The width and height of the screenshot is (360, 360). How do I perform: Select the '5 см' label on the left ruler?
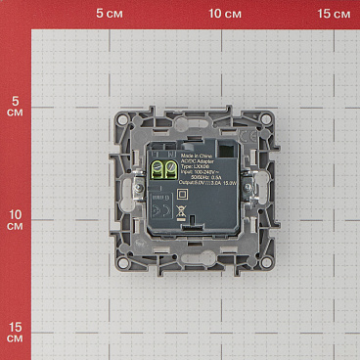pos(14,108)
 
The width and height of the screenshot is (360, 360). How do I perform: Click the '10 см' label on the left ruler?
pos(14,220)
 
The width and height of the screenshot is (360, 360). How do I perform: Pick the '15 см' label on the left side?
pos(14,332)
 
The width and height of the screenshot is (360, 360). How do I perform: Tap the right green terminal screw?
pos(168,172)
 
